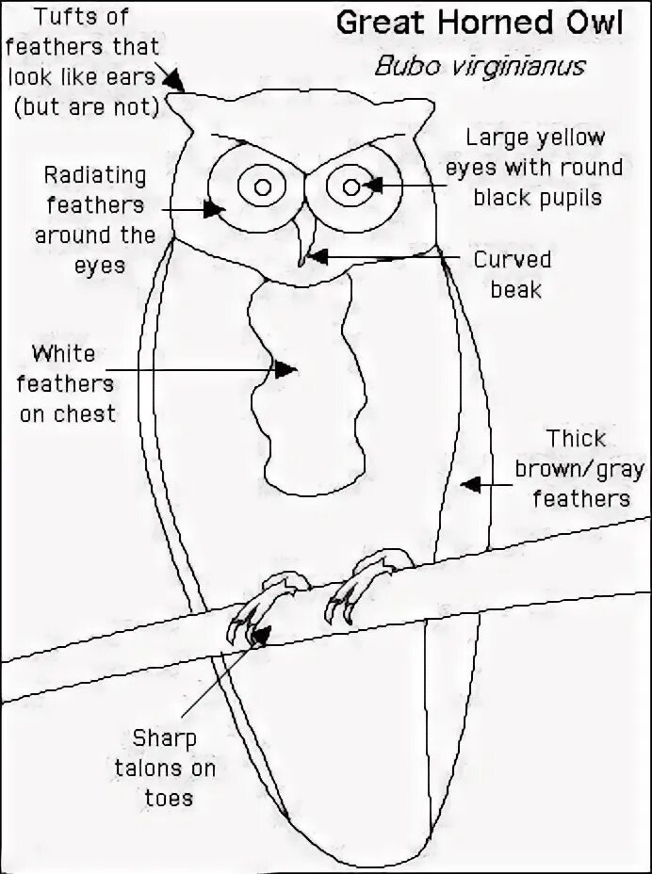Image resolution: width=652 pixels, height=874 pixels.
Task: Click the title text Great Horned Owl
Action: click(x=479, y=24)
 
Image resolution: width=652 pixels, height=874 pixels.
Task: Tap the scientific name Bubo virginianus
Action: click(x=479, y=67)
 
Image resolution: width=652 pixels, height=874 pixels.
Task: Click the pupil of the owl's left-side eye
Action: click(x=263, y=186)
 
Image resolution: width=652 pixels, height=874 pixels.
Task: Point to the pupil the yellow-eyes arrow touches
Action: click(x=352, y=185)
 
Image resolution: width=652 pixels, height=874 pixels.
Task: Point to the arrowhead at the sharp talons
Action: click(x=262, y=633)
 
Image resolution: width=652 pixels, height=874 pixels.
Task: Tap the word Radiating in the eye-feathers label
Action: click(x=95, y=176)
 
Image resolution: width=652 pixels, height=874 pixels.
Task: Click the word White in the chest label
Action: click(x=63, y=355)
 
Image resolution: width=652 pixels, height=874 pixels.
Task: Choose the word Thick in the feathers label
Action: click(x=578, y=439)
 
